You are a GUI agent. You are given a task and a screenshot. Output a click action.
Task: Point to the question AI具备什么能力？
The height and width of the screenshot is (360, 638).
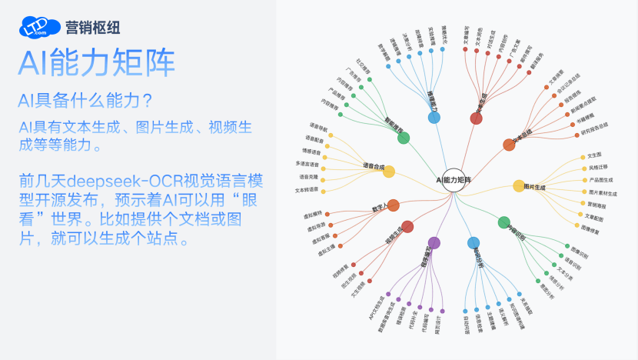coord(86,101)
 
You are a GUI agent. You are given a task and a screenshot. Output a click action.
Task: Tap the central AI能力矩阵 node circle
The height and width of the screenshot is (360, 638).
coord(454,179)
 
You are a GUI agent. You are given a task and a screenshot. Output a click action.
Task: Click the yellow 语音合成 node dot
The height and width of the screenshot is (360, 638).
coord(389,172)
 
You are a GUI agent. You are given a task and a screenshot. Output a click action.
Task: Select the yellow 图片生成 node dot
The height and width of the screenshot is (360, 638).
coord(519,185)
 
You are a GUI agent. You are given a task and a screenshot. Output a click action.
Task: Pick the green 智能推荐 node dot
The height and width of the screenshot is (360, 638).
coord(404,138)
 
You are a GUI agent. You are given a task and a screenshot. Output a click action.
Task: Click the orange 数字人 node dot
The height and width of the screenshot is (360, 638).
coord(393,205)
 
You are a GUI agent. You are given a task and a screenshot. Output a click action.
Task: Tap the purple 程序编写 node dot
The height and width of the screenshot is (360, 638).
coord(434,243)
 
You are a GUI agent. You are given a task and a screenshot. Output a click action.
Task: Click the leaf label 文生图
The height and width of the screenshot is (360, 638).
coord(594,155)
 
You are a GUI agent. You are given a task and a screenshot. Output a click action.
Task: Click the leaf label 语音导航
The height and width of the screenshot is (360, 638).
coord(318,126)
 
